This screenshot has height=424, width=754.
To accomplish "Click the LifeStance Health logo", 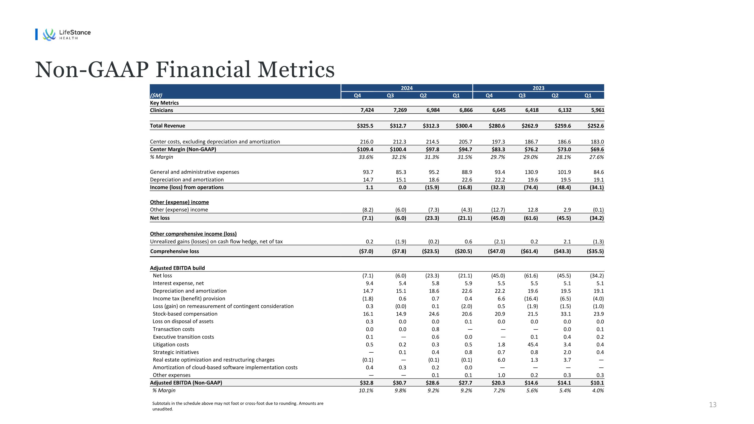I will (x=67, y=34).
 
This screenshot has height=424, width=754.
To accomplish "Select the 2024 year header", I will (x=407, y=88).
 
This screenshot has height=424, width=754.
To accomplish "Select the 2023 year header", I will (x=538, y=88).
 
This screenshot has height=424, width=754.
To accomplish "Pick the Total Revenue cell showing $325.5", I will (x=365, y=126).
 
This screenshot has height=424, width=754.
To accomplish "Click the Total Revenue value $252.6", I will (x=595, y=126).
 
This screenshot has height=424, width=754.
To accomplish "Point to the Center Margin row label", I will (x=183, y=149).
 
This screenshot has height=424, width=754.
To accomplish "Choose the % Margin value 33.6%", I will (x=366, y=157).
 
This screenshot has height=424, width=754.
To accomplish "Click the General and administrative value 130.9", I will (x=531, y=172).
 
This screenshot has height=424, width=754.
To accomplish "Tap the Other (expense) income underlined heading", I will (x=179, y=202).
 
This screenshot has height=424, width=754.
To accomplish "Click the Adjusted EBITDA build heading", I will (x=177, y=268).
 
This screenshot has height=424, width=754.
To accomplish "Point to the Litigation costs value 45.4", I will (x=532, y=345).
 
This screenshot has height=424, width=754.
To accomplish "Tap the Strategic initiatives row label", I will (x=176, y=352).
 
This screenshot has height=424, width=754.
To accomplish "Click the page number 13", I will (x=713, y=405).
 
